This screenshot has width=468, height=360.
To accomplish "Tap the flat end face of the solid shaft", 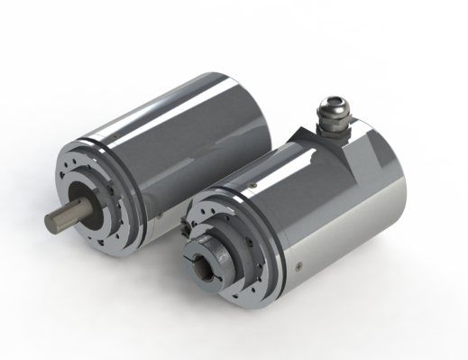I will tap(50, 221).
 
